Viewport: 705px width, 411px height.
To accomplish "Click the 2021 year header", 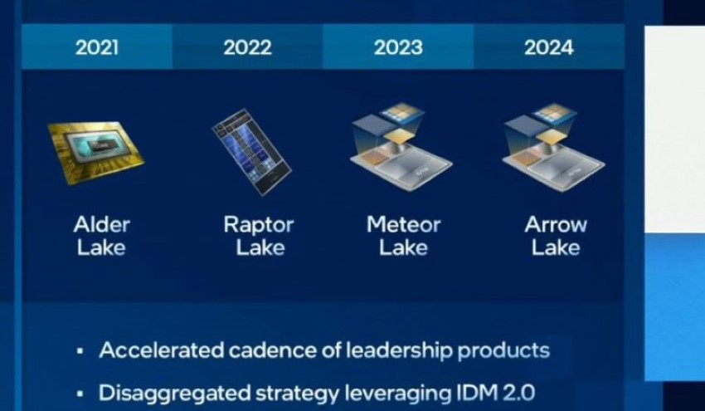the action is [x=97, y=47].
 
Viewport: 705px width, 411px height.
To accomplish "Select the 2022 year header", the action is [x=248, y=47].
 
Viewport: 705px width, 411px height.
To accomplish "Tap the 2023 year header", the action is [x=398, y=47].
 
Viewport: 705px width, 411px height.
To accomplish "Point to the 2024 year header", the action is [x=549, y=47].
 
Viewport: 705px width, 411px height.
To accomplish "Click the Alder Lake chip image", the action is [x=95, y=152].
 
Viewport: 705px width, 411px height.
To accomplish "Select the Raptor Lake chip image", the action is [x=252, y=152].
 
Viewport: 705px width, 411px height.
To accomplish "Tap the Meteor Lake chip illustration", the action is [x=401, y=148].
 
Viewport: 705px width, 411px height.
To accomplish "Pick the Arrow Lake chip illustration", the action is [x=553, y=148].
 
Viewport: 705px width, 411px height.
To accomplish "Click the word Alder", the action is [x=102, y=225].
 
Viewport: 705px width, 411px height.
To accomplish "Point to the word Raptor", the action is [x=259, y=225].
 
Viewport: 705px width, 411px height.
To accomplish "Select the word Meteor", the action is [x=403, y=225].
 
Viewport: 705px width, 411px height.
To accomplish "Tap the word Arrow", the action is [x=556, y=225].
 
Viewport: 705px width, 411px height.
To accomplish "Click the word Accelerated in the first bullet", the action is [x=162, y=350].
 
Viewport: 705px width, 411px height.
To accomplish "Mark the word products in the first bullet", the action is [x=503, y=351].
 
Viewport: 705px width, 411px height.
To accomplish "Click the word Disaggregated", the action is [x=175, y=394].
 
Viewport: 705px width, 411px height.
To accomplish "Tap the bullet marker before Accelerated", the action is [x=80, y=351].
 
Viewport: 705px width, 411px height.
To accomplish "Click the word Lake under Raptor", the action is [x=260, y=247].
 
